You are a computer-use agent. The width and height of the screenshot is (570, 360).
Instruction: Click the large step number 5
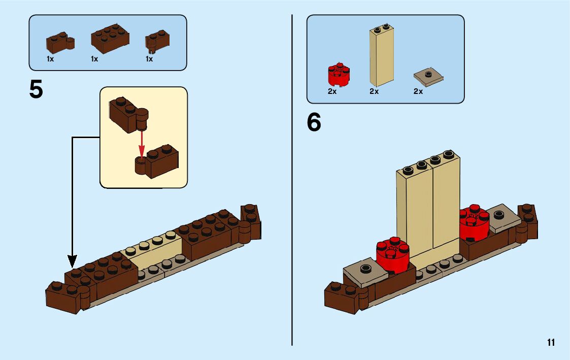[x=36, y=90]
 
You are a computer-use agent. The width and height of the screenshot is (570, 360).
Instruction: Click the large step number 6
[x=314, y=123]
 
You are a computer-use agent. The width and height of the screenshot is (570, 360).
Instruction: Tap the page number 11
[x=551, y=343]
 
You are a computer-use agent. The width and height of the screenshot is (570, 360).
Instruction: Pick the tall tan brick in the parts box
[x=381, y=56]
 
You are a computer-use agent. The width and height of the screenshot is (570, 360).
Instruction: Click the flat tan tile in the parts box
[x=428, y=77]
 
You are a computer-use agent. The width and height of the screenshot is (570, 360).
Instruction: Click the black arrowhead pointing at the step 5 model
[x=72, y=261]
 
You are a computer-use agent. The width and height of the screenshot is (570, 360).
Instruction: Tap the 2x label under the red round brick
[x=332, y=92]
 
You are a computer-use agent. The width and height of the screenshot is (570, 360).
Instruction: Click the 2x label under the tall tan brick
[x=374, y=92]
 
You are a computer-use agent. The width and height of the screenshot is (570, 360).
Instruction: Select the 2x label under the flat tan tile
[x=418, y=92]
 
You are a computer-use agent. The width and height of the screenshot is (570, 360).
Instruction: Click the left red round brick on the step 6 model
[x=393, y=255]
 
